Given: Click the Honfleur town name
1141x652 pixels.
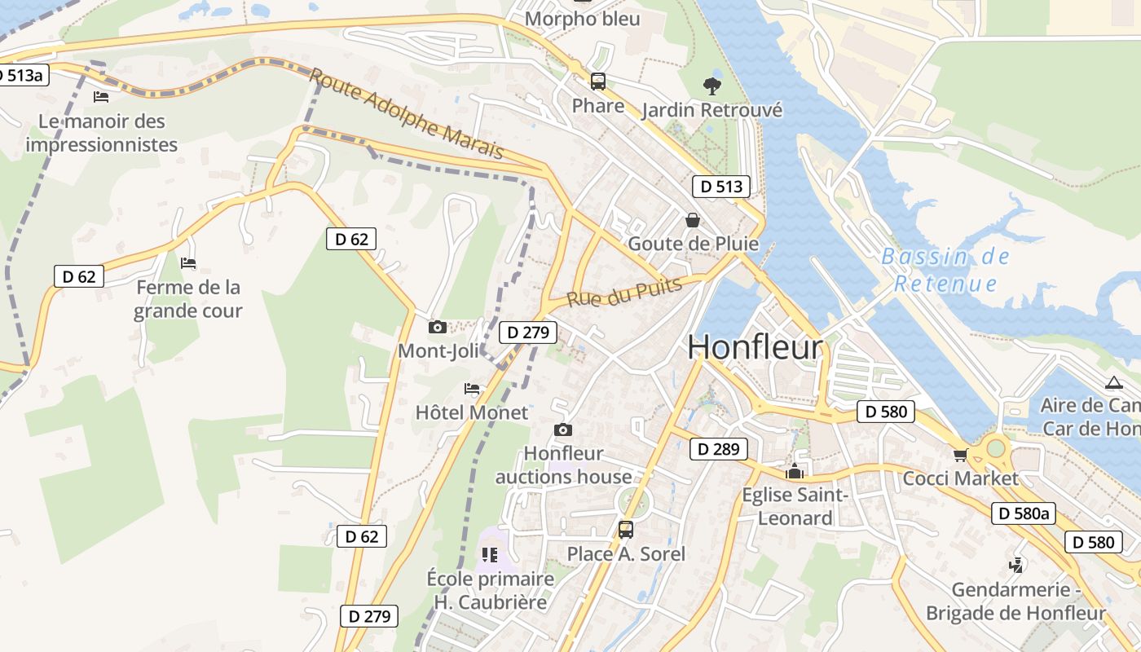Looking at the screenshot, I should tap(755, 347).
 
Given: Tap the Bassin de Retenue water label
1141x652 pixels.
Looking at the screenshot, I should tap(945, 271).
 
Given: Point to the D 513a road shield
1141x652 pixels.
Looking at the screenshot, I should tap(23, 76).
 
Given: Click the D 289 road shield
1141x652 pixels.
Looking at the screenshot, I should tap(719, 449).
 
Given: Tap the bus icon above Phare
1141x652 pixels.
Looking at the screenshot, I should tap(598, 81).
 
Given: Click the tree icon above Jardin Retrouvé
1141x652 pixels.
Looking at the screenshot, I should tap(712, 86).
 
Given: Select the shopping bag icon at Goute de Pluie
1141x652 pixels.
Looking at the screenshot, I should tap(693, 220).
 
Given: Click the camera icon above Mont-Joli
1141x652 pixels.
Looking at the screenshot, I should tap(438, 328).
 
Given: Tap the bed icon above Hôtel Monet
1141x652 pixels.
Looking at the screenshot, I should tap(472, 389).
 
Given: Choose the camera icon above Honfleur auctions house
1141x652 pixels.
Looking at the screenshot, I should tap(562, 430).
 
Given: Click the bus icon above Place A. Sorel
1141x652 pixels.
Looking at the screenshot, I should tap(626, 530).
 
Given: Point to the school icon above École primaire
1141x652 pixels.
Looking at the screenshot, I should tap(490, 555).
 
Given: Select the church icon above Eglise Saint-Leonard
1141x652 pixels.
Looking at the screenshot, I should tap(795, 471).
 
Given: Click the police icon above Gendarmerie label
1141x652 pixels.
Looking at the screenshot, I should tap(1016, 565).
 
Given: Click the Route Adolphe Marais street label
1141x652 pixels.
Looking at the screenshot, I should tap(407, 115).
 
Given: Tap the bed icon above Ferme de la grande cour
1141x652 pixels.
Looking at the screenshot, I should tap(188, 263).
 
